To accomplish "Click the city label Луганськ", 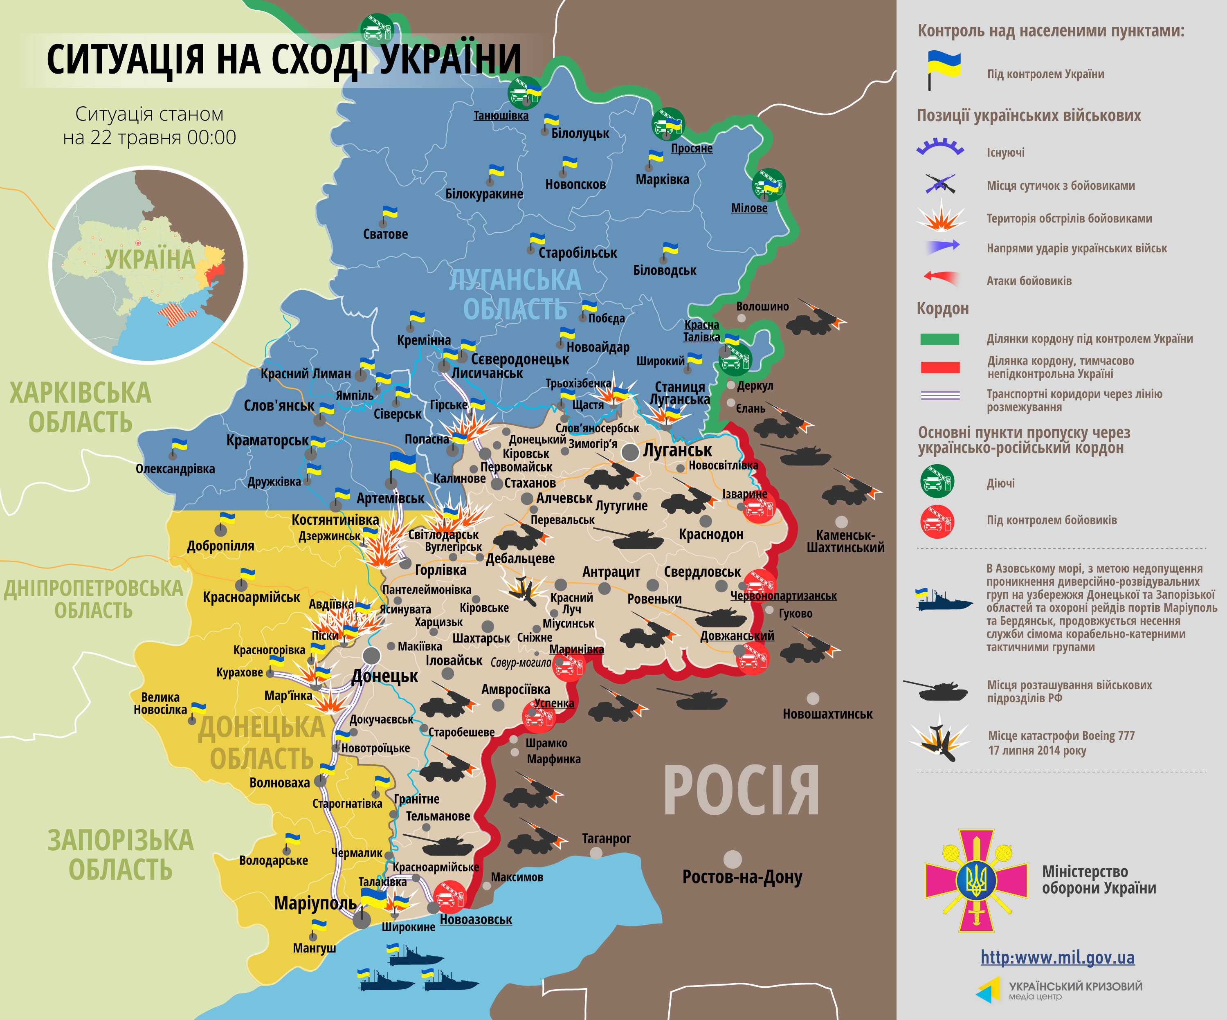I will click(677, 450).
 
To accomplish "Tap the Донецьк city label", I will click(384, 676).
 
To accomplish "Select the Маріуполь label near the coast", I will click(315, 903).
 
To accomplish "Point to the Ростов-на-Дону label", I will click(742, 877).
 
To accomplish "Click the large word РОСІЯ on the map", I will click(741, 791).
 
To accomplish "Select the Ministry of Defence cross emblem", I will click(976, 881).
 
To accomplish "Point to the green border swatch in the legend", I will click(939, 339).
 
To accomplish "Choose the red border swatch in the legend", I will click(939, 367).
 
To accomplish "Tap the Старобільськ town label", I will click(577, 253).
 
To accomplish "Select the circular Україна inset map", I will click(148, 265).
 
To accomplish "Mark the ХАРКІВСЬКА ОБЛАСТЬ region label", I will click(80, 407).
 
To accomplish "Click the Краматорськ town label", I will click(267, 440).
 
